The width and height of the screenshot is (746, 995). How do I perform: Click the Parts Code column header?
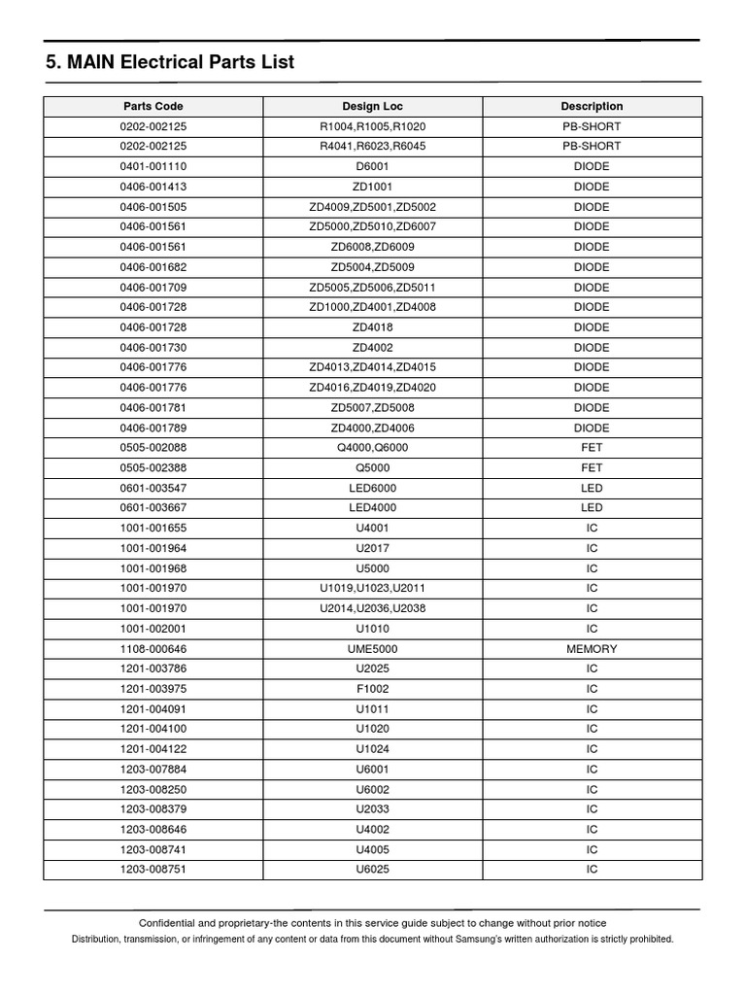point(153,106)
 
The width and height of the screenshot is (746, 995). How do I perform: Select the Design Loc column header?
point(372,106)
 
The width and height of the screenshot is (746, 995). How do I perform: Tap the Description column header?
point(592,106)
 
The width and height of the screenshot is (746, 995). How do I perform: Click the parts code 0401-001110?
point(153,166)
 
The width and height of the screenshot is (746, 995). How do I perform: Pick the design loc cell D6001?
point(372,166)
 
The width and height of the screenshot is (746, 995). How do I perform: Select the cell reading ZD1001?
point(372,187)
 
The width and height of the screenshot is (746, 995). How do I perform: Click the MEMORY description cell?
point(592,649)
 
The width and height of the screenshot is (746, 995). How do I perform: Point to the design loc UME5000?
point(372,649)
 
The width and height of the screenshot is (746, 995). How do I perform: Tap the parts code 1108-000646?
point(153,649)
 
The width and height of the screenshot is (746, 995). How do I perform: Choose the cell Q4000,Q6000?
point(372,448)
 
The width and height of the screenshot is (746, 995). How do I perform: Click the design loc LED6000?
point(372,488)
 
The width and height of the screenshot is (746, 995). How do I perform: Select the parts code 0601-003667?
point(153,508)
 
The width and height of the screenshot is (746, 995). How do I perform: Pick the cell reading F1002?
point(372,689)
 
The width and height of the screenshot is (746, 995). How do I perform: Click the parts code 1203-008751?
point(153,870)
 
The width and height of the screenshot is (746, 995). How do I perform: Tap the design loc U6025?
point(372,870)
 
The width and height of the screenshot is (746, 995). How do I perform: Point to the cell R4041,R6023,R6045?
point(372,146)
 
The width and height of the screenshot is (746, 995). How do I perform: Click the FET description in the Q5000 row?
point(592,468)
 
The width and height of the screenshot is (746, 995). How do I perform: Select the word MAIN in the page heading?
point(90,63)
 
